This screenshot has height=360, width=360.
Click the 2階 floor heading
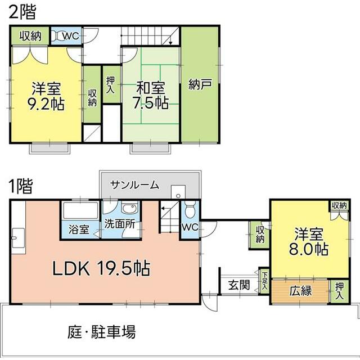click(x=22, y=12)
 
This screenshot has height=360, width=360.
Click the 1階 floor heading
click(x=21, y=186)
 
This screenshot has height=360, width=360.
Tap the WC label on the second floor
click(x=71, y=36)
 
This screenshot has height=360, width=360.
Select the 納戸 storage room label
click(x=200, y=84)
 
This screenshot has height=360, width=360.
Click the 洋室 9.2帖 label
click(x=46, y=96)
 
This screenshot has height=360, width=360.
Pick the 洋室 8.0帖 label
click(x=309, y=241)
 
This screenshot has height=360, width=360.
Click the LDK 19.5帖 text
click(x=101, y=268)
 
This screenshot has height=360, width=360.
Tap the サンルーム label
click(x=134, y=185)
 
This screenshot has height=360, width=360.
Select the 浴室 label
click(x=79, y=229)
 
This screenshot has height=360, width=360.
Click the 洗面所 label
click(x=119, y=224)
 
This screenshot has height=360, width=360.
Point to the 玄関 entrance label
click(x=238, y=285)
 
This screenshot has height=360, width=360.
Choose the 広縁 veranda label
click(x=300, y=291)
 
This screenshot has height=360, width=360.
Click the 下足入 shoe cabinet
click(x=264, y=281)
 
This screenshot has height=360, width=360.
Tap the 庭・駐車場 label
click(x=101, y=331)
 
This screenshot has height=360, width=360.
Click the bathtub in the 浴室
click(x=80, y=210)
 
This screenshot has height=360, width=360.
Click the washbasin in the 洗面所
click(x=129, y=208)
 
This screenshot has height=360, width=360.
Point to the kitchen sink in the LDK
click(x=19, y=238)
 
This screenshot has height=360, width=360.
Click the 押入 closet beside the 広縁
click(x=339, y=291)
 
